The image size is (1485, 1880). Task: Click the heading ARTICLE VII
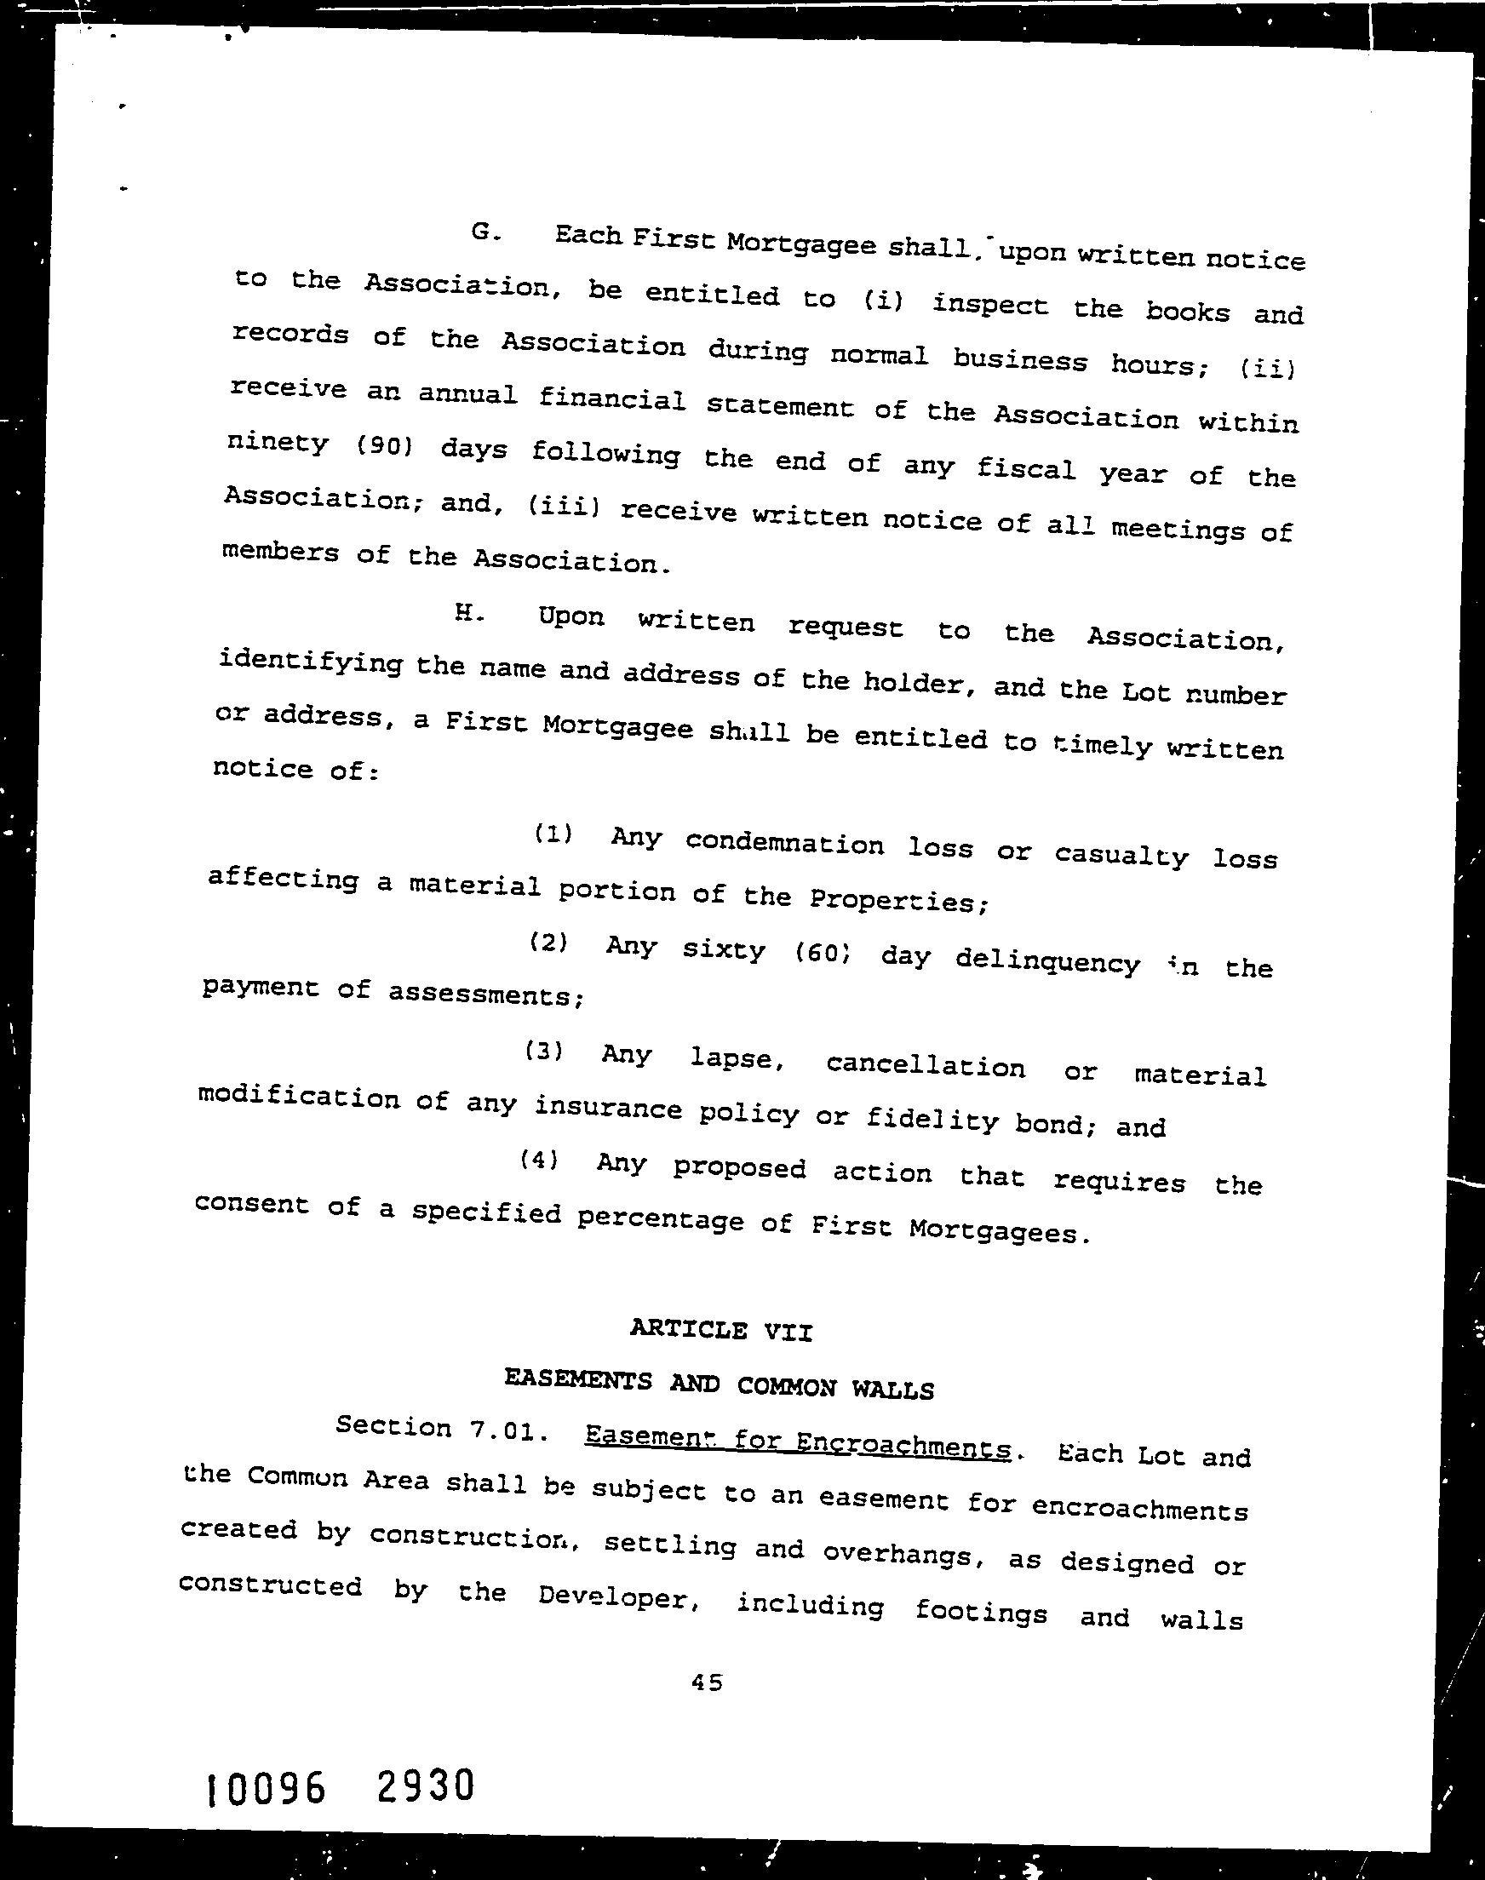point(720,1330)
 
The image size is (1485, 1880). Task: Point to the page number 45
point(707,1682)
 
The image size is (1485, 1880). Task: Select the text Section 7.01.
point(443,1430)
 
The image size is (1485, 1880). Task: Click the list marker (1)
point(553,834)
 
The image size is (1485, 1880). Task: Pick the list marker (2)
point(548,943)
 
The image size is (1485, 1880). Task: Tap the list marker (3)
point(544,1052)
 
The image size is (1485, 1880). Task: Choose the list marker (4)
point(539,1160)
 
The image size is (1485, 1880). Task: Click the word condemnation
point(784,843)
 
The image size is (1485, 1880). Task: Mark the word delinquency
point(1047,961)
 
